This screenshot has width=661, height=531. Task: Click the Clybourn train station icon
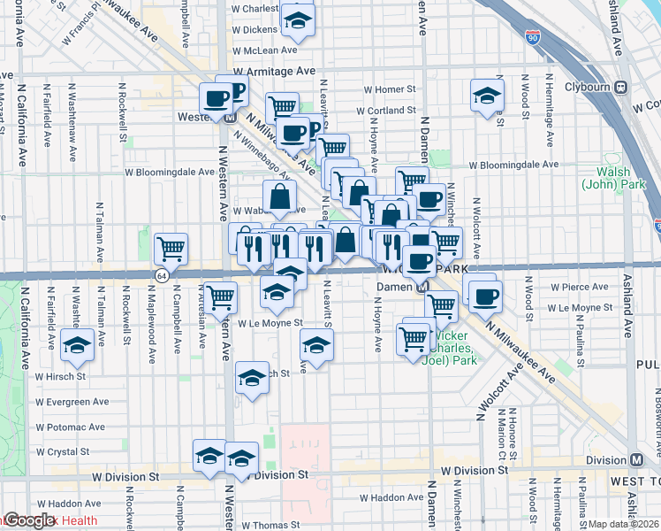pyautogui.click(x=621, y=88)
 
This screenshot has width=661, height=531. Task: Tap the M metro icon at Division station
pyautogui.click(x=636, y=460)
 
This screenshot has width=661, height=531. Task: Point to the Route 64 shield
pyautogui.click(x=163, y=276)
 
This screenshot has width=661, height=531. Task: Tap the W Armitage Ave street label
pyautogui.click(x=274, y=71)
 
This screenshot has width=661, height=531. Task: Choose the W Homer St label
pyautogui.click(x=390, y=89)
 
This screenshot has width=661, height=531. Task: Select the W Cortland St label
pyautogui.click(x=386, y=111)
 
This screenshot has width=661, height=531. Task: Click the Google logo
pyautogui.click(x=30, y=521)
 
